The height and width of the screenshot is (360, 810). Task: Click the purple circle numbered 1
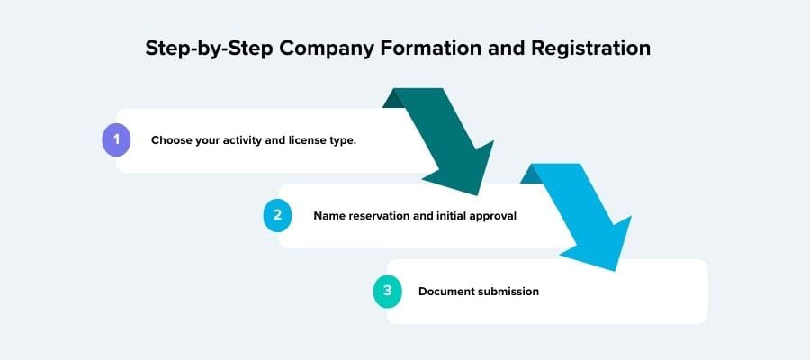click(x=116, y=140)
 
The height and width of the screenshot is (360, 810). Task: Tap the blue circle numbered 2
click(x=278, y=216)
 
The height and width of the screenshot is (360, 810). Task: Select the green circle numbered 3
click(x=387, y=292)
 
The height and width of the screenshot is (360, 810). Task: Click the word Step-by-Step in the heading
click(x=209, y=49)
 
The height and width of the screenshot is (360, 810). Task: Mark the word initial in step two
click(x=445, y=216)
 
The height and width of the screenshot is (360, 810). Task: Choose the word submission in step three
click(x=509, y=292)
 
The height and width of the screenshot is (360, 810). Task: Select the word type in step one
click(x=355, y=141)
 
